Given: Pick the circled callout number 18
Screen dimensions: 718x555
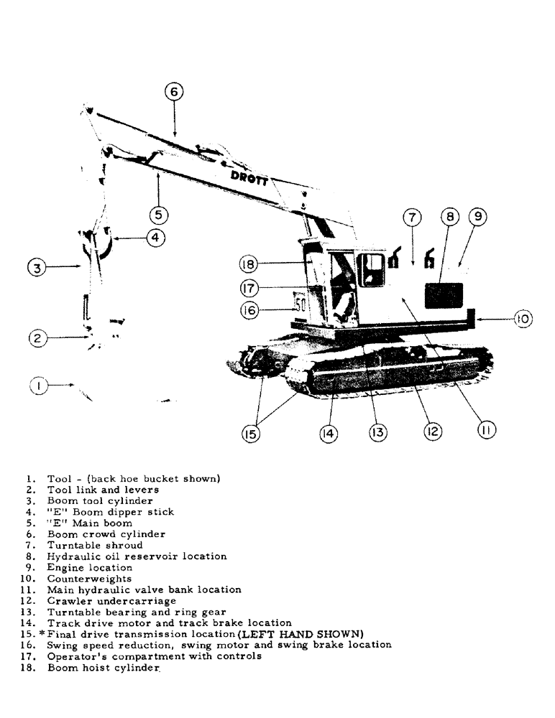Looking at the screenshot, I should click(247, 264).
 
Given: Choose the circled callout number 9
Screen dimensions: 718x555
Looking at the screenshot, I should click(478, 217).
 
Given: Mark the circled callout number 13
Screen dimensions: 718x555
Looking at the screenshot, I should click(378, 432).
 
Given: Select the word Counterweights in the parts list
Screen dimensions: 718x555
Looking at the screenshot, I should click(90, 578).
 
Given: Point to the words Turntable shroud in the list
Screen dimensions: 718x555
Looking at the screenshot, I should click(96, 545).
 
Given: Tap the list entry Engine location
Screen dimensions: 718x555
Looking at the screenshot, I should click(90, 567).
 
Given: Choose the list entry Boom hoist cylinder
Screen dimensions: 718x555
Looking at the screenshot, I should click(103, 668).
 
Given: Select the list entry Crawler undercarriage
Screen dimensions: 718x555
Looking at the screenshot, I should click(111, 600).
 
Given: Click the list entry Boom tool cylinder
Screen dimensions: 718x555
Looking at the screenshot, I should click(100, 500).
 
